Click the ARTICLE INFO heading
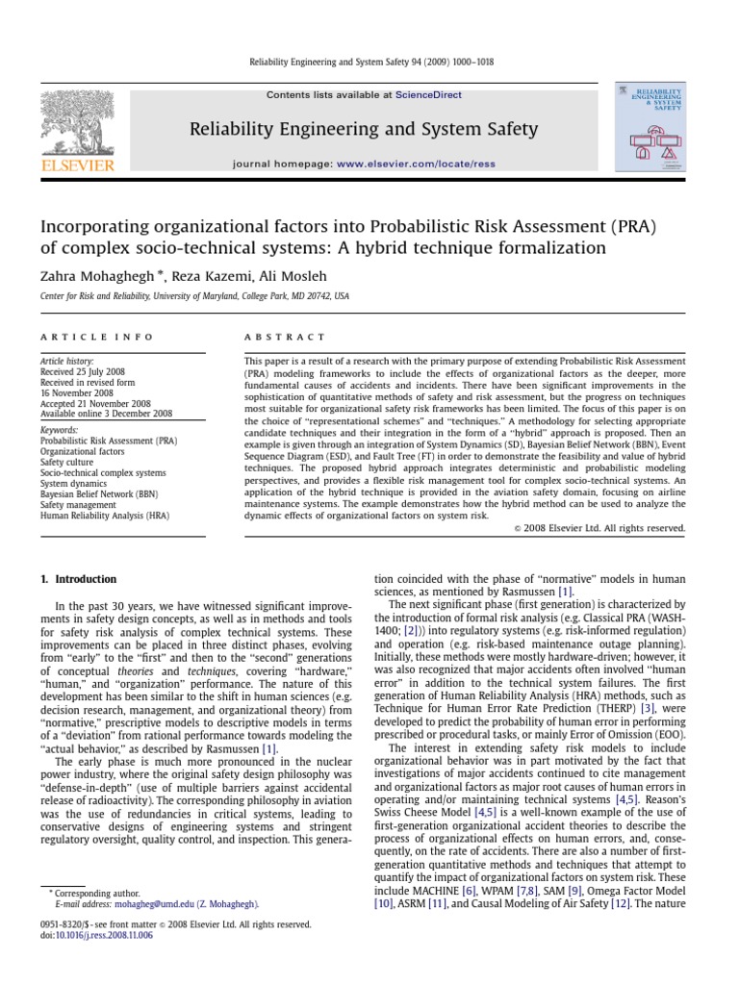(83, 337)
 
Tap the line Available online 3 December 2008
(106, 414)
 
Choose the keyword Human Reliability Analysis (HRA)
(109, 515)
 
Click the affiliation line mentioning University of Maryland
(194, 296)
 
